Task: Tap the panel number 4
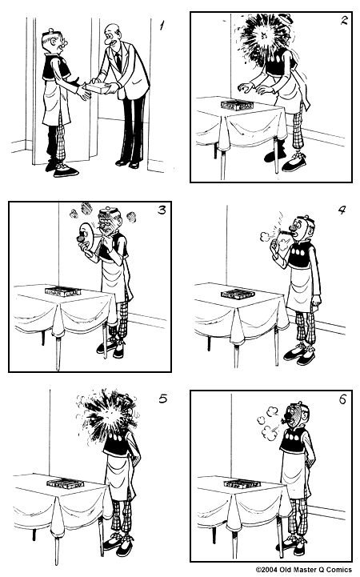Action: pyautogui.click(x=342, y=212)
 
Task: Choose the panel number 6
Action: pyautogui.click(x=342, y=399)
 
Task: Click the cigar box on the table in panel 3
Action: pyautogui.click(x=59, y=290)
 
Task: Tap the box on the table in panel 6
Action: pyautogui.click(x=240, y=483)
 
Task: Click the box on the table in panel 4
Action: pyautogui.click(x=237, y=294)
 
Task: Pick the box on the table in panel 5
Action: pyautogui.click(x=65, y=483)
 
